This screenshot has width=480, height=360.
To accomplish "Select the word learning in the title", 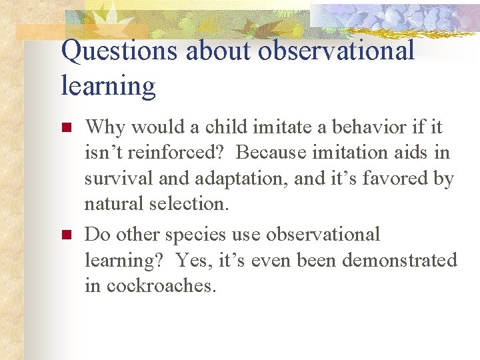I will [x=108, y=86].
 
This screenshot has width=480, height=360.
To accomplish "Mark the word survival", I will [x=116, y=179].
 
